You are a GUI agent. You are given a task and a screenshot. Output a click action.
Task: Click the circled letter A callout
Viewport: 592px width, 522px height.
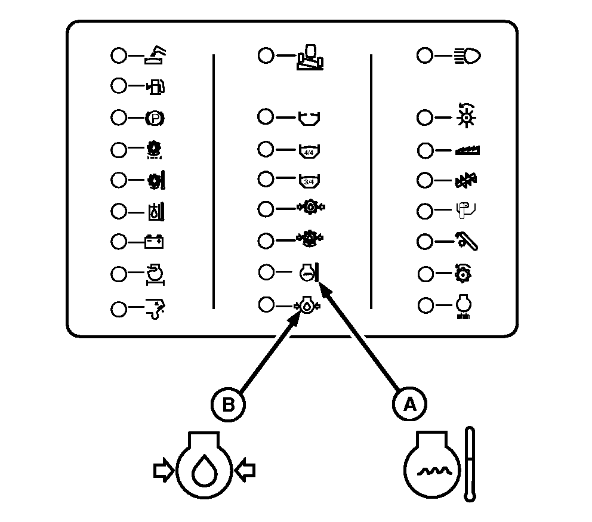pyautogui.click(x=409, y=404)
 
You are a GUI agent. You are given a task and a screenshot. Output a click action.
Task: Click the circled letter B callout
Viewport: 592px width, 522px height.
pyautogui.click(x=228, y=404)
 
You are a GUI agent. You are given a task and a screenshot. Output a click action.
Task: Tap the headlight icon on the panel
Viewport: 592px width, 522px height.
pyautogui.click(x=467, y=56)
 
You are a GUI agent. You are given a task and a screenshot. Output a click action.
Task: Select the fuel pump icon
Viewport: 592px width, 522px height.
pyautogui.click(x=155, y=87)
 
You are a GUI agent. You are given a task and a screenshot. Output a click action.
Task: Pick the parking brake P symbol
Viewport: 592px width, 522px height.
pyautogui.click(x=155, y=118)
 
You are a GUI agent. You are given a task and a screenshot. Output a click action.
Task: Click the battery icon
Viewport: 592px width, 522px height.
pyautogui.click(x=155, y=242)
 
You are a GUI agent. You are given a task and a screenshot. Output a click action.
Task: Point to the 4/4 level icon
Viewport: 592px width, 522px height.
pyautogui.click(x=309, y=150)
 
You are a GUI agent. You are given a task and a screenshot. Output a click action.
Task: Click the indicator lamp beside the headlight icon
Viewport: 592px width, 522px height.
pyautogui.click(x=424, y=56)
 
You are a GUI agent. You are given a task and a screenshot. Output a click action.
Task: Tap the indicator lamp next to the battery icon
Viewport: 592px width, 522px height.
pyautogui.click(x=119, y=242)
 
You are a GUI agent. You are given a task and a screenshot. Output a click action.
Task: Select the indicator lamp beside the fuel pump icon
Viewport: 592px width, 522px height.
pyautogui.click(x=119, y=87)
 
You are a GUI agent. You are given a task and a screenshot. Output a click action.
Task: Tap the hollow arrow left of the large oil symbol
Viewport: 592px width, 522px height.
pyautogui.click(x=163, y=471)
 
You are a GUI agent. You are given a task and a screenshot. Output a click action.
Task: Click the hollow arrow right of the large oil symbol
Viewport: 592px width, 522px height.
pyautogui.click(x=245, y=471)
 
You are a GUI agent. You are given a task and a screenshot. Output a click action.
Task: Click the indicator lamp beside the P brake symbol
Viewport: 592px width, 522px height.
pyautogui.click(x=119, y=118)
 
